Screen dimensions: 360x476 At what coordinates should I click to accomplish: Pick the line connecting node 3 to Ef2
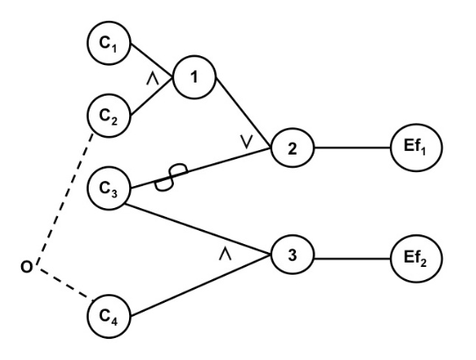tap(351, 259)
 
